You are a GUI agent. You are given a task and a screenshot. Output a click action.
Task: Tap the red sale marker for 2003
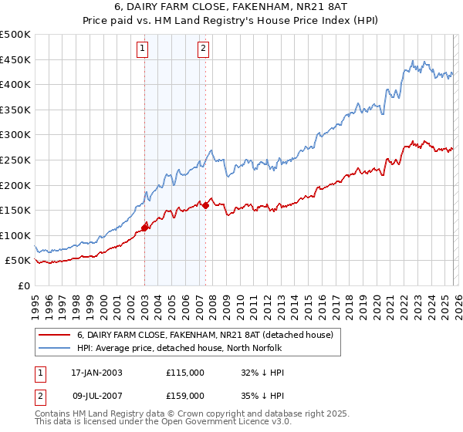[x=144, y=228]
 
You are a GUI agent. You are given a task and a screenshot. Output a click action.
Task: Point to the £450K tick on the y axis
[x=15, y=59]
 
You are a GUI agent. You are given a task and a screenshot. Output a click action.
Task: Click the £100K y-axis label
[x=15, y=235]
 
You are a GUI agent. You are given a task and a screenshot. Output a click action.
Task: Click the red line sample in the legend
[x=53, y=336]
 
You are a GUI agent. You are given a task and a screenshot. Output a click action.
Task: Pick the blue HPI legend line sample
[x=53, y=348]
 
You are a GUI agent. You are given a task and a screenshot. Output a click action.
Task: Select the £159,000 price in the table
[x=185, y=396]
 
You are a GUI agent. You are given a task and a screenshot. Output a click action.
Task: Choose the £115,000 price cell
[x=185, y=373]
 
